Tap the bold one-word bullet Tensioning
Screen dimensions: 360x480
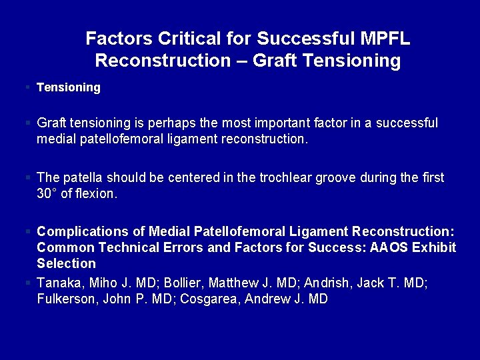(69, 87)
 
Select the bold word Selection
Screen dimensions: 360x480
(67, 264)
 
